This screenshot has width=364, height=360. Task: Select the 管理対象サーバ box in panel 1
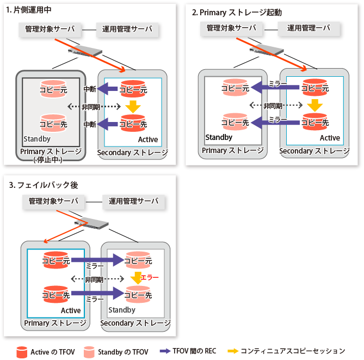click(50, 28)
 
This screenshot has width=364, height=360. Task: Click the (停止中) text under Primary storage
click(50, 160)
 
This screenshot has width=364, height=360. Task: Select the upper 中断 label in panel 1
click(90, 88)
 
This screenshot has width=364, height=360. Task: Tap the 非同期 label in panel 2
click(273, 106)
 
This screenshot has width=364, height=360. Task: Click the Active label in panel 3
click(71, 310)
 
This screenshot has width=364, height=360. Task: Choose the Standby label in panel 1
click(37, 139)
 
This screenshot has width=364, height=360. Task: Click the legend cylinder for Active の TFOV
click(22, 351)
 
